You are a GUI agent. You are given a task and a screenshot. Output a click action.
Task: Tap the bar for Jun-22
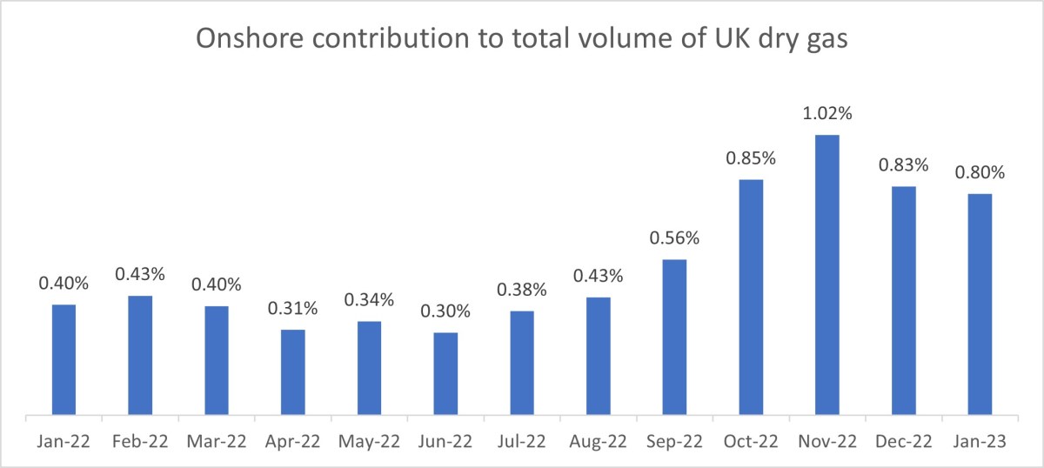[445, 373]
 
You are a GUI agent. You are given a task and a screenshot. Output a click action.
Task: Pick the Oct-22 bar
[751, 297]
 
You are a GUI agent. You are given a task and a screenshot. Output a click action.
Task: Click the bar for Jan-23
[980, 304]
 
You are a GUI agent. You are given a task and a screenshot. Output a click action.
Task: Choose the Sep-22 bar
[674, 337]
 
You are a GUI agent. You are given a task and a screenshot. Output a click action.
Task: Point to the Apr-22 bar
[293, 371]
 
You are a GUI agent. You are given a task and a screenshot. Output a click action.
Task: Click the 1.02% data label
[827, 114]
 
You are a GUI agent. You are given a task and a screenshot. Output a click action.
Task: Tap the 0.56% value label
[674, 238]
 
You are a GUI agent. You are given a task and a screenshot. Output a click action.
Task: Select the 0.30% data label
[445, 311]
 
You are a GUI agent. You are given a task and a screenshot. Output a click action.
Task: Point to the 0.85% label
[751, 158]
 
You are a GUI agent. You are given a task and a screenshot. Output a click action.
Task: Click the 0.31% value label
[293, 309]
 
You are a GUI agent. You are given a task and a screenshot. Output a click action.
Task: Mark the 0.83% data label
[904, 165]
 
